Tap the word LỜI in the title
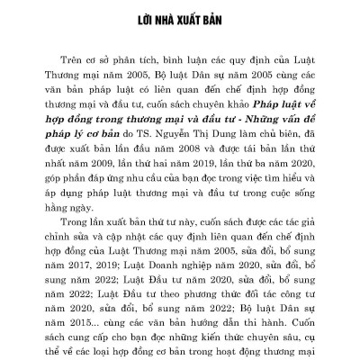pos(135,18)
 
